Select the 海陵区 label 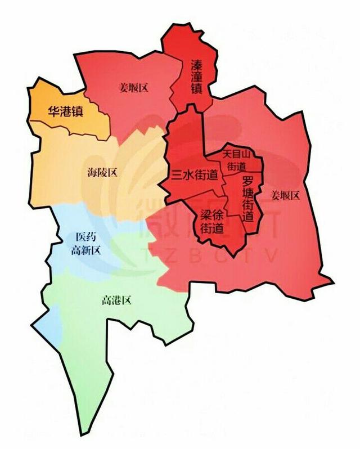(102, 172)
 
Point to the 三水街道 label (195, 175)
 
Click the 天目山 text (235, 153)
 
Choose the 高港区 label (116, 300)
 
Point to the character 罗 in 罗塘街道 (247, 182)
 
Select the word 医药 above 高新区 (86, 239)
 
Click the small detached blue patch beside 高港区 (49, 326)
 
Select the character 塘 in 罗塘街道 (247, 194)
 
